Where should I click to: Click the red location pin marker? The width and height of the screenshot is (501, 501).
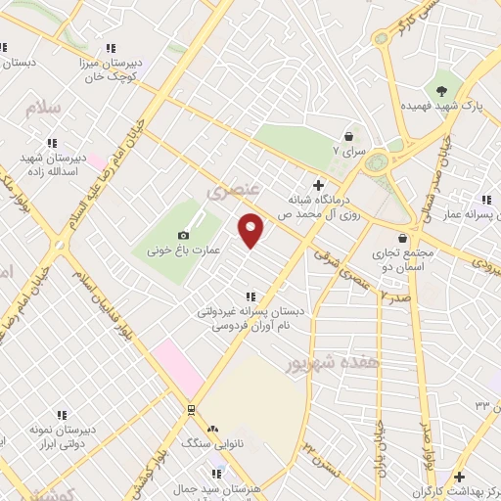pos(251,229)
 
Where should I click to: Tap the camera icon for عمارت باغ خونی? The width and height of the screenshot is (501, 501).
pos(183,235)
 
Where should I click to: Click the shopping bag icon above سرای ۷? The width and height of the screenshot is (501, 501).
pos(347,136)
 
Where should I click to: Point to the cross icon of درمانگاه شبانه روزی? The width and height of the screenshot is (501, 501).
pos(317,184)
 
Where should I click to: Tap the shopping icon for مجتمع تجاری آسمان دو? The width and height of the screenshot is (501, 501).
pos(402,237)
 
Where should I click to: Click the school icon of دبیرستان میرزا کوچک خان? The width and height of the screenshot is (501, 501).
pos(110,47)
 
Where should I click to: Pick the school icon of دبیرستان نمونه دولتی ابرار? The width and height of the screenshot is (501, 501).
pos(62,415)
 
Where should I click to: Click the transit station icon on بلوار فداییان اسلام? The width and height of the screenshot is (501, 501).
pos(190,409)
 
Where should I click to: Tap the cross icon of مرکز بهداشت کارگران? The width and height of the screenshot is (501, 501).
pos(459,476)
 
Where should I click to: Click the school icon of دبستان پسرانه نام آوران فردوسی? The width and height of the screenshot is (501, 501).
pos(251,296)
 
